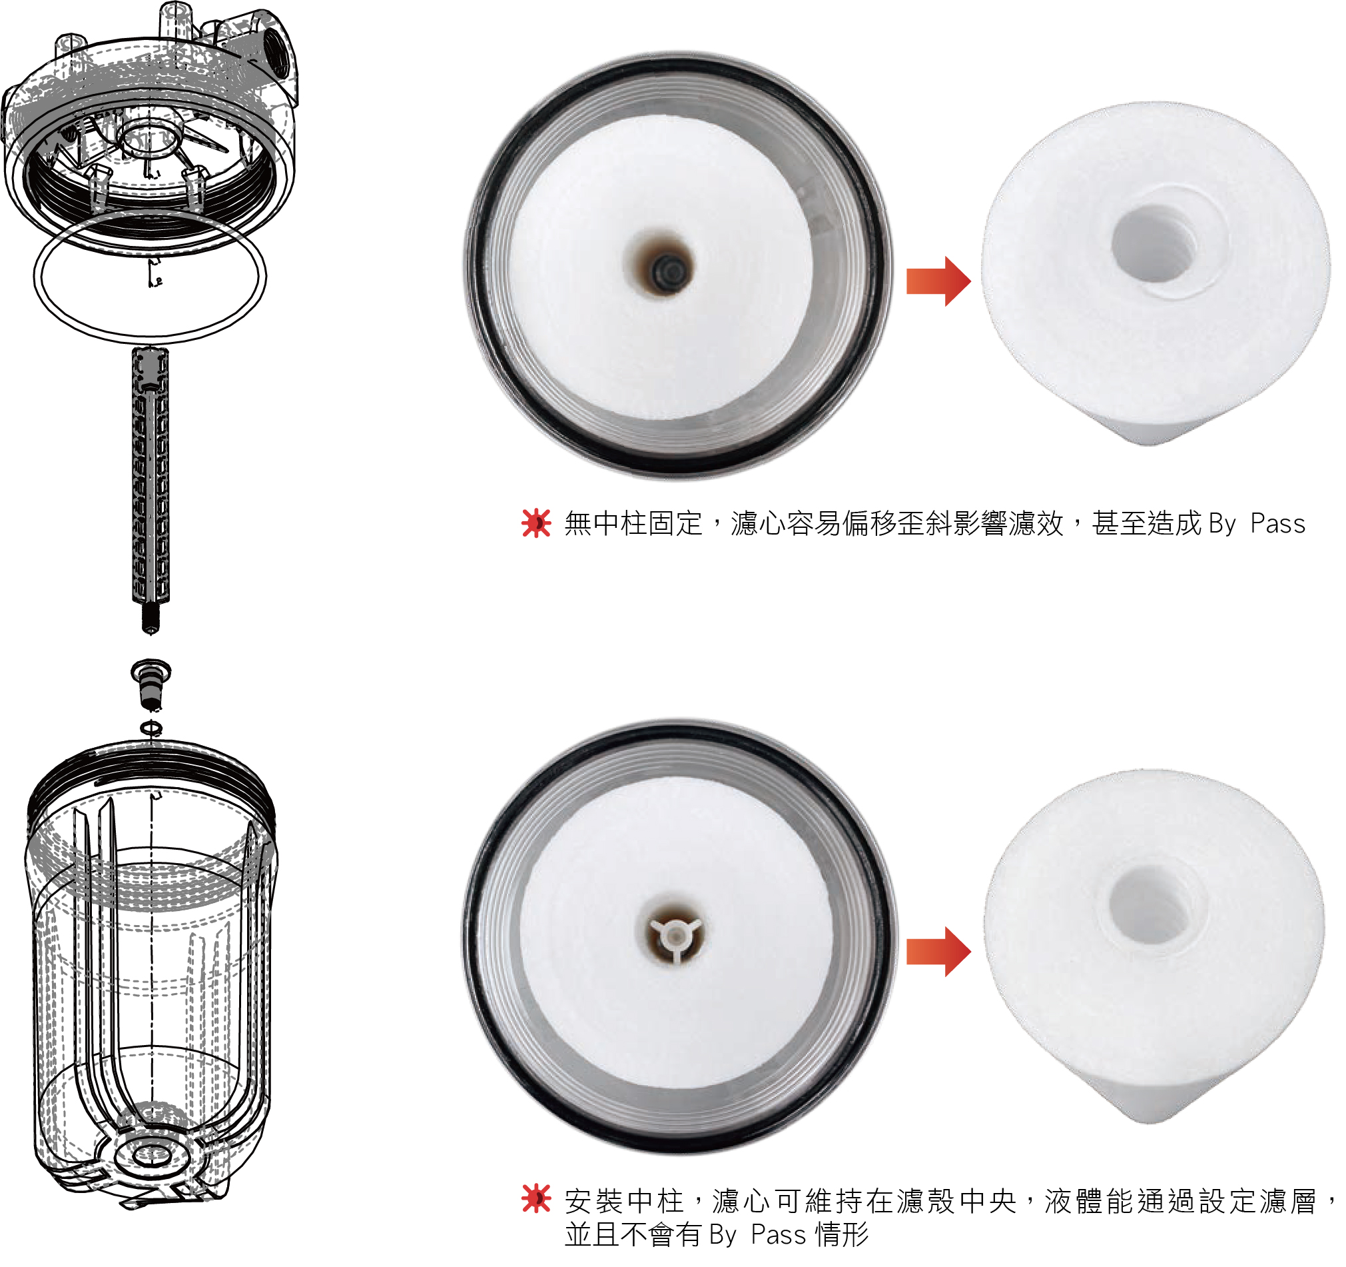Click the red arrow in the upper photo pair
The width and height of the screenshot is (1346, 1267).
click(x=938, y=281)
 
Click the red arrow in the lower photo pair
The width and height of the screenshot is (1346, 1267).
click(x=938, y=952)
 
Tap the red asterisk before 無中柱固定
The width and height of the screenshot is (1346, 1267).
click(x=536, y=523)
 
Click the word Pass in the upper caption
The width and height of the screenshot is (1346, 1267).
click(x=1277, y=524)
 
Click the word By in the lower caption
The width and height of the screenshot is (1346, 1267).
click(x=723, y=1235)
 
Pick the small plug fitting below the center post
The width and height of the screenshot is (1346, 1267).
click(x=151, y=684)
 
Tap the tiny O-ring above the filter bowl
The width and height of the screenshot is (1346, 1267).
click(x=151, y=728)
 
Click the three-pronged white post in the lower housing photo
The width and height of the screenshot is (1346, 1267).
click(x=675, y=936)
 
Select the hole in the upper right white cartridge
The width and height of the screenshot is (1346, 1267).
click(x=1154, y=244)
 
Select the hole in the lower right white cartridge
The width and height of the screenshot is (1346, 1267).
click(x=1150, y=905)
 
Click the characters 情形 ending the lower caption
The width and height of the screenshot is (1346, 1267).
click(x=842, y=1235)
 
